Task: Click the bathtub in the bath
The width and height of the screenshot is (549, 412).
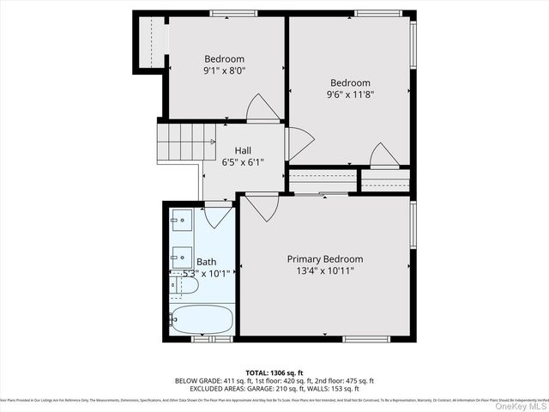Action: click(201, 319)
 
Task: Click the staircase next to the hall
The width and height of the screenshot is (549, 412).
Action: click(178, 142)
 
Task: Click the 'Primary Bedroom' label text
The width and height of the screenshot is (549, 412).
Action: click(324, 259)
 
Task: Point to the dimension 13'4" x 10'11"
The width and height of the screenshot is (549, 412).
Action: click(324, 271)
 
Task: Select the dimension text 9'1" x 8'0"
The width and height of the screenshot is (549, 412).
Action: click(224, 71)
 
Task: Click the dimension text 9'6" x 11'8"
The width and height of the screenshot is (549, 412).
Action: click(351, 94)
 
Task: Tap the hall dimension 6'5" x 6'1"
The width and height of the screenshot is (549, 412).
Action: click(243, 162)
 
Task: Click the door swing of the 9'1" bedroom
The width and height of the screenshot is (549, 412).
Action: click(262, 108)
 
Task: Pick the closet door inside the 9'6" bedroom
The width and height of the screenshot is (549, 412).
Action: click(383, 155)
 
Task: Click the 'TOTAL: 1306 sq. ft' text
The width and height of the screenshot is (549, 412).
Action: click(274, 372)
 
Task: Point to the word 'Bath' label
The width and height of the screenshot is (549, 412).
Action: click(207, 262)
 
